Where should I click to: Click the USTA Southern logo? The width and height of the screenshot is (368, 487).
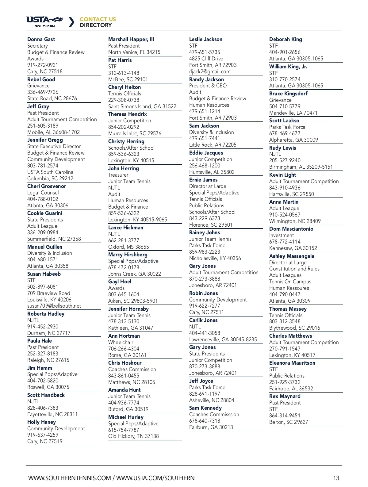click(45, 22)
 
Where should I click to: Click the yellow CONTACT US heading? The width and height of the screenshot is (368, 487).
click(98, 19)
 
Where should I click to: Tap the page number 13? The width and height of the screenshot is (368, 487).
click(336, 478)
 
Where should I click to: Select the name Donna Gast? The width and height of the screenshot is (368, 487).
click(41, 39)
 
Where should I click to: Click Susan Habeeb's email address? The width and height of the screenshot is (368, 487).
click(54, 306)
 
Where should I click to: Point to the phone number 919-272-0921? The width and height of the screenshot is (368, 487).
click(43, 65)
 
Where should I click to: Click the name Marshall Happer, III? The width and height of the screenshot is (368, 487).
click(131, 39)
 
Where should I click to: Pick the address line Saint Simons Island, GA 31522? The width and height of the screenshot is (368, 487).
click(142, 106)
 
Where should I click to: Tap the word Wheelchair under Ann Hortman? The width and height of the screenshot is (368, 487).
click(121, 342)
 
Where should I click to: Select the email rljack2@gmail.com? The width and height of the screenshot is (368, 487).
click(209, 71)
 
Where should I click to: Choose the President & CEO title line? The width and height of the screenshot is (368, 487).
click(208, 86)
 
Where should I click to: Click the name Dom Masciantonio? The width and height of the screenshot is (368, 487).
click(291, 229)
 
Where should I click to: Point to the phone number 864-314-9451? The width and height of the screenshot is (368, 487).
click(285, 416)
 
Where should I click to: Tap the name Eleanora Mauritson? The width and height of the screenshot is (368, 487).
click(292, 363)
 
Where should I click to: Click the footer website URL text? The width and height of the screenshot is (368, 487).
click(111, 478)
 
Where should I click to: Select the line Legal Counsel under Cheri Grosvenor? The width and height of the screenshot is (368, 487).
click(43, 193)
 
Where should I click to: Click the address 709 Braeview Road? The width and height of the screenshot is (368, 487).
click(48, 293)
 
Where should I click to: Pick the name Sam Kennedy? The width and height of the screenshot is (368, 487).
click(205, 408)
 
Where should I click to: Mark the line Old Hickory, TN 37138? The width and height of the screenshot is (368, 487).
click(133, 436)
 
